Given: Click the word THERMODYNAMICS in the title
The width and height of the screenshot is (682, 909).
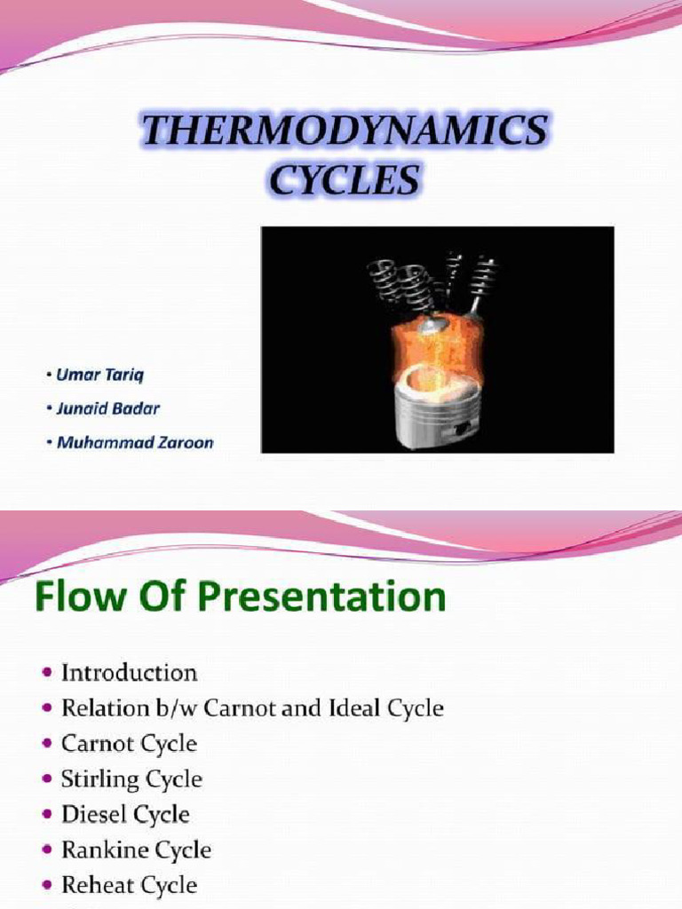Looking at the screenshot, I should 344,134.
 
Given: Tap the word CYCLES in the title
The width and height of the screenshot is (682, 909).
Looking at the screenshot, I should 345,181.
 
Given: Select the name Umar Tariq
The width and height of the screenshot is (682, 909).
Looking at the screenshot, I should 99,375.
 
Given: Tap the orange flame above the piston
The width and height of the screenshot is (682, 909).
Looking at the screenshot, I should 435,346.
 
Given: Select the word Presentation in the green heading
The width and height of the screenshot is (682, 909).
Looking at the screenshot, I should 327,598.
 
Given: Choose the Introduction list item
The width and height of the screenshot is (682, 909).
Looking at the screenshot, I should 129,673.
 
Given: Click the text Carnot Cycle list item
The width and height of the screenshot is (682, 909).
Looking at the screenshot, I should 129,744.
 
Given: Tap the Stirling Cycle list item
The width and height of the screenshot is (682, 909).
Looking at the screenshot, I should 131,779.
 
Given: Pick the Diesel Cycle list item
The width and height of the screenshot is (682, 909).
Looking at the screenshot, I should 125,815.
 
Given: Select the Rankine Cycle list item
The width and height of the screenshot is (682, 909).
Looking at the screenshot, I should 136,850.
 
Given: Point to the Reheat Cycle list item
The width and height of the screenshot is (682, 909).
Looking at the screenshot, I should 129,885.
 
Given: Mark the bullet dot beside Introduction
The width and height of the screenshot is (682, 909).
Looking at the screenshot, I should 46,673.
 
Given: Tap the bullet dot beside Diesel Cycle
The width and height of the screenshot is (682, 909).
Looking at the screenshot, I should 46,815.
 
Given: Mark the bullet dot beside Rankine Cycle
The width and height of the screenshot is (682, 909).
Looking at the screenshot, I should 46,850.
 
